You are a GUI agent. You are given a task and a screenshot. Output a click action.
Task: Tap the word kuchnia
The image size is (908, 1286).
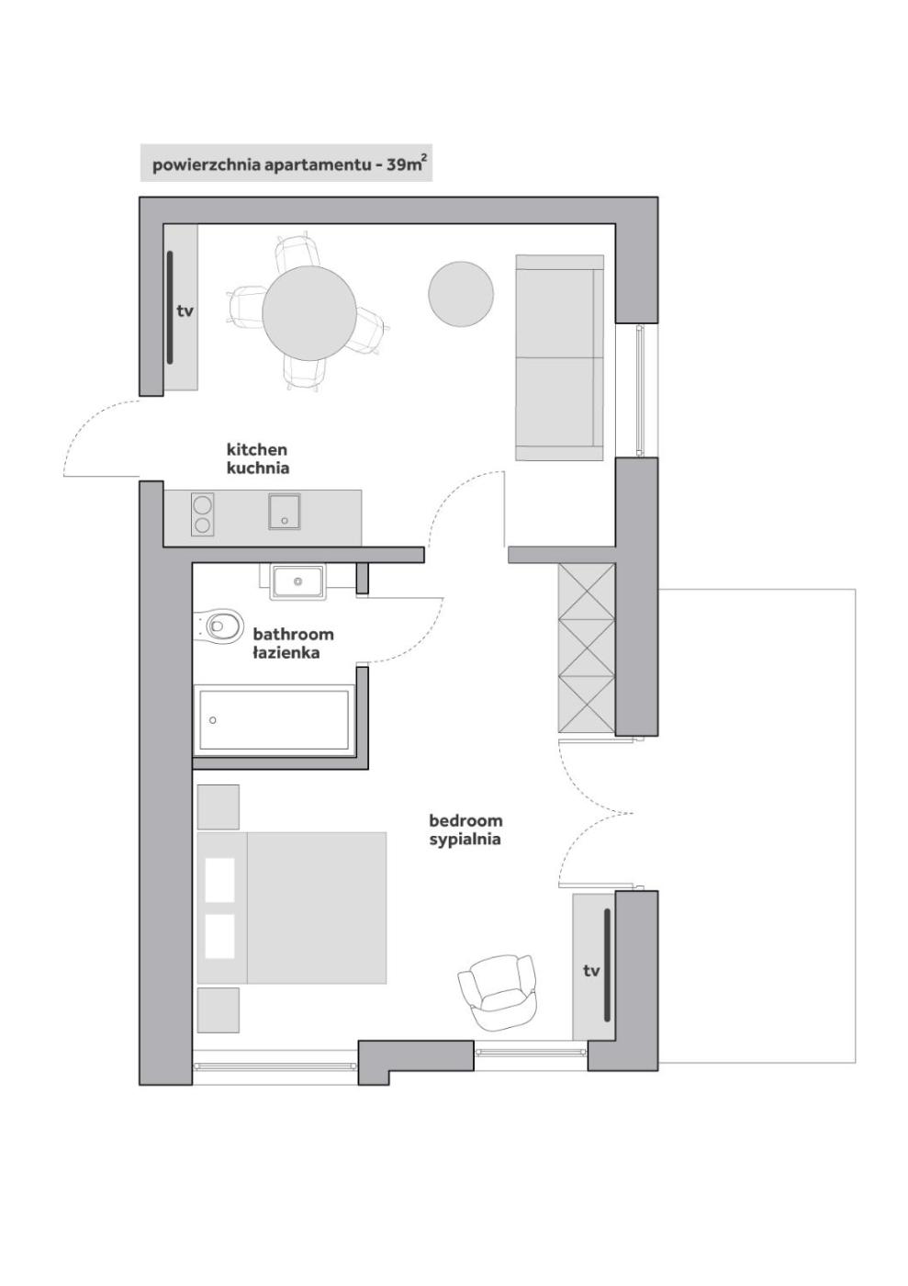pos(258,468)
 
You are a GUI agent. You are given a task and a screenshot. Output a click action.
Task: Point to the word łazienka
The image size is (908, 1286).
pos(286,653)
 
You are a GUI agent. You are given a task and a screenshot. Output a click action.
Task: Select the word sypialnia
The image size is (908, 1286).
pos(465,840)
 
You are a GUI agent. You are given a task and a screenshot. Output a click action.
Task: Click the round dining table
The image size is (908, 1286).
pos(308,313)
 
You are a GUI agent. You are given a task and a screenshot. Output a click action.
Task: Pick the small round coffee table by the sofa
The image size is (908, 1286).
pos(461,294)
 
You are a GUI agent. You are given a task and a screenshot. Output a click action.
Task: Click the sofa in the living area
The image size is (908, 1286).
pos(560,357)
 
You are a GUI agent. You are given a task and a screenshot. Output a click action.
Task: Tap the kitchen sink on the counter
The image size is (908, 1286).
pos(284,511)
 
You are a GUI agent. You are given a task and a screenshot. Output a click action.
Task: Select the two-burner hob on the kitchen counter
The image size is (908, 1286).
pos(202,514)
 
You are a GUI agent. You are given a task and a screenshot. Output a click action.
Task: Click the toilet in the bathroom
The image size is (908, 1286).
pos(218,625)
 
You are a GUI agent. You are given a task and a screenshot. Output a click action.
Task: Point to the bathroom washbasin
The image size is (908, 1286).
pos(297,581)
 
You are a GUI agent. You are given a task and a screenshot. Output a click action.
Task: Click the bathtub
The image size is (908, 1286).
pos(274,720)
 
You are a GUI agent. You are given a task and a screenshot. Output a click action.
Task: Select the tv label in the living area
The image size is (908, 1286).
pos(185,311)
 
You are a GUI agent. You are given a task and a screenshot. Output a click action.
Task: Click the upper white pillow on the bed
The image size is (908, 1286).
pos(219,880)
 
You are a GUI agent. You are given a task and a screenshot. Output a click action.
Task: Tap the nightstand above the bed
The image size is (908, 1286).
pos(219,807)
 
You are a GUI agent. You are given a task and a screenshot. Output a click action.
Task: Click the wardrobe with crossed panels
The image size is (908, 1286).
pos(587,649)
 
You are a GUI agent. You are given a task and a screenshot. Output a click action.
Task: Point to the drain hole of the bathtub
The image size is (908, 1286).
pos(213,720)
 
